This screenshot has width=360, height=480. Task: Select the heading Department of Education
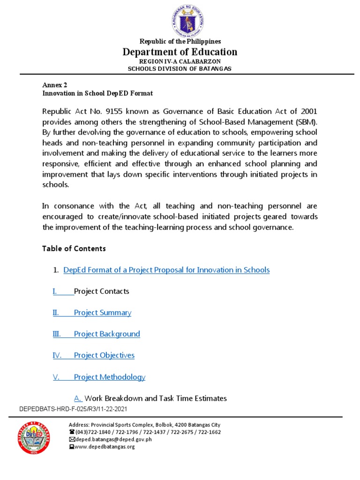[180, 52]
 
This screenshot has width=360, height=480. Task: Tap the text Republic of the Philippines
[180, 42]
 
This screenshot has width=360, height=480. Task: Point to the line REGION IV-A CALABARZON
[180, 61]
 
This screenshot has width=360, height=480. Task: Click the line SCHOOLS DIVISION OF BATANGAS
[180, 68]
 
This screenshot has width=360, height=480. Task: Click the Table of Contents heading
[74, 248]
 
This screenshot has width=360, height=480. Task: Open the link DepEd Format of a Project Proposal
[166, 270]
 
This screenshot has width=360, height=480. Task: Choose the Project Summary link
[102, 313]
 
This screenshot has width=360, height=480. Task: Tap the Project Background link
[107, 334]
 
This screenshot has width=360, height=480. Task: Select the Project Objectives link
[104, 355]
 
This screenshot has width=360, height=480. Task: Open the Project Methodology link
[109, 377]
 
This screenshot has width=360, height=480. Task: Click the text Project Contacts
[101, 292]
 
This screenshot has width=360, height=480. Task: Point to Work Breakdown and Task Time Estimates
[155, 398]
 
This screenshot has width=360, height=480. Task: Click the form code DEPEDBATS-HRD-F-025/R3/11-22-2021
[73, 409]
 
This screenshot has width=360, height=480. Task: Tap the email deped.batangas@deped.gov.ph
[113, 440]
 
